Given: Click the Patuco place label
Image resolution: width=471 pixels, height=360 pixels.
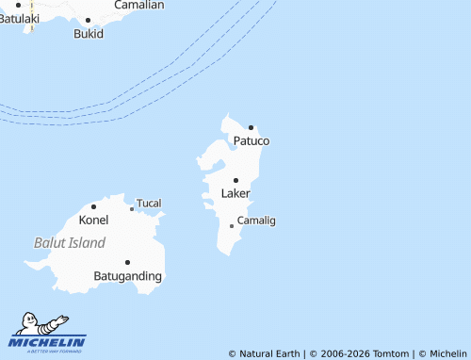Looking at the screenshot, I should (x=252, y=141).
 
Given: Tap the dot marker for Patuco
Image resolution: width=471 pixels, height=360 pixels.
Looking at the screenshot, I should (x=252, y=127).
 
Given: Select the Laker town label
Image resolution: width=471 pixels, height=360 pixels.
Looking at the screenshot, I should (x=235, y=193).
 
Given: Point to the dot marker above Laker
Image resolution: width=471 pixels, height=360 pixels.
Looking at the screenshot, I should (x=235, y=180).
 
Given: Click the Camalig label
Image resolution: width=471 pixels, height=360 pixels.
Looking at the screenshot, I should (x=256, y=221).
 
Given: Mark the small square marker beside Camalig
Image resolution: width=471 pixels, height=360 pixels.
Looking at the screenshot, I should (x=232, y=225).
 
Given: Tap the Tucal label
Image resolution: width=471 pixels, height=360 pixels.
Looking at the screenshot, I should (x=150, y=204).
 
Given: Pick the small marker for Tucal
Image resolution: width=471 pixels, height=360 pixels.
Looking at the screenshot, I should (x=132, y=209).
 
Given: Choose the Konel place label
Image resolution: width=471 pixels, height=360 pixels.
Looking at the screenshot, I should (x=93, y=220).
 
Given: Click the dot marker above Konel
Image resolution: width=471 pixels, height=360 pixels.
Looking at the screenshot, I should (x=93, y=206).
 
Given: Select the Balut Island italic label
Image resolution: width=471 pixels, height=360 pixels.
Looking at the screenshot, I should (x=70, y=242).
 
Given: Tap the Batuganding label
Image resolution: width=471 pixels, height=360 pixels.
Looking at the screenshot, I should (x=128, y=276).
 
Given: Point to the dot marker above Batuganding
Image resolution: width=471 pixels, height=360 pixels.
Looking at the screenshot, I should (x=127, y=263).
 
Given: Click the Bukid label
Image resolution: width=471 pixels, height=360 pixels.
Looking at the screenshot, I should (x=88, y=33).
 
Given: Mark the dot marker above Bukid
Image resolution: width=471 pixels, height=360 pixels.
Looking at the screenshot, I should (x=88, y=20).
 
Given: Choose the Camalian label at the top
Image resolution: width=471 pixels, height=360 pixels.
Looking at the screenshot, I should (x=138, y=6).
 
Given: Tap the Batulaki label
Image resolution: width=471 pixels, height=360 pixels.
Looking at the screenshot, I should (x=20, y=19).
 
